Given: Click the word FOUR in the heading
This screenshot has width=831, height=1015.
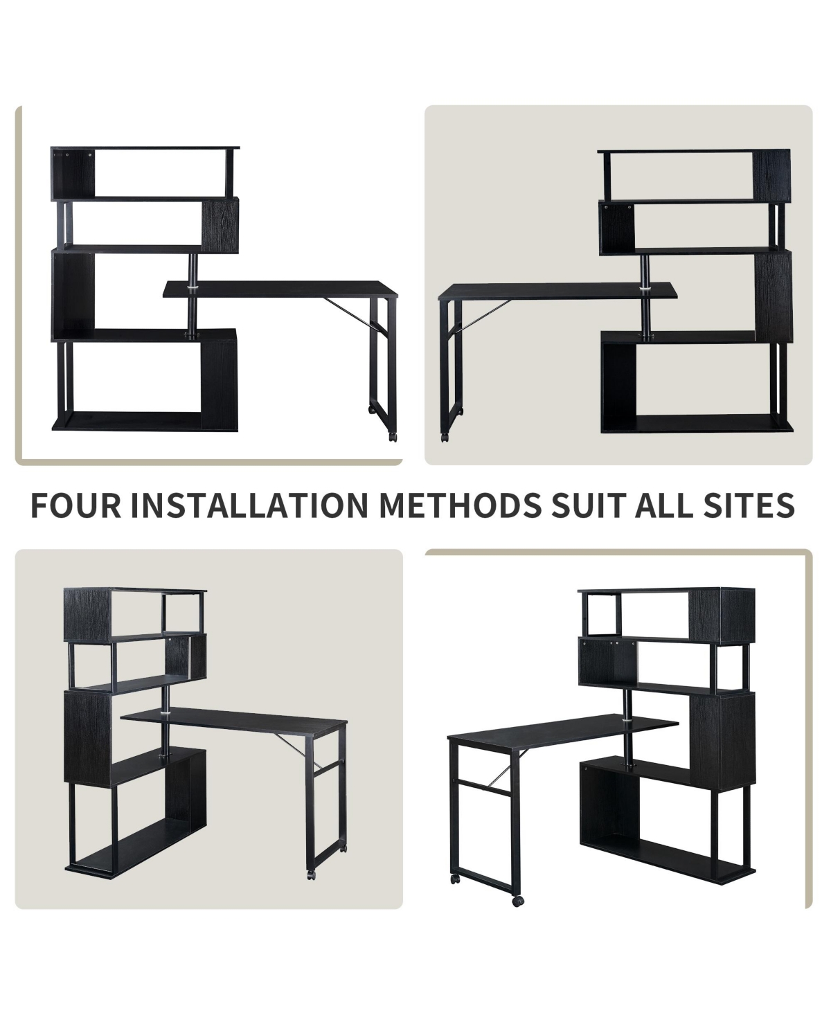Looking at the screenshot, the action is click(76, 505).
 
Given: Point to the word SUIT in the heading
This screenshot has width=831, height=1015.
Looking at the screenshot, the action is click(588, 505).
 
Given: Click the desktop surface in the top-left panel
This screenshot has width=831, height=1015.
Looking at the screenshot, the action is click(280, 289).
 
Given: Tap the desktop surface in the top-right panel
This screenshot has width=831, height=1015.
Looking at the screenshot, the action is click(557, 291).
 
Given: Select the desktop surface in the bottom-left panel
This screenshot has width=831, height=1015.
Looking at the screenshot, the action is click(234, 724).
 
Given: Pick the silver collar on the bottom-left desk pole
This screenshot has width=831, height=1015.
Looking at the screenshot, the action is click(165, 711).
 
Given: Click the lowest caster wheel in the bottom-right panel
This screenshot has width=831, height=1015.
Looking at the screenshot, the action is click(517, 900).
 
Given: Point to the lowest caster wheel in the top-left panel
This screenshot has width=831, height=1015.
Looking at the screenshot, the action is click(393, 438).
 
